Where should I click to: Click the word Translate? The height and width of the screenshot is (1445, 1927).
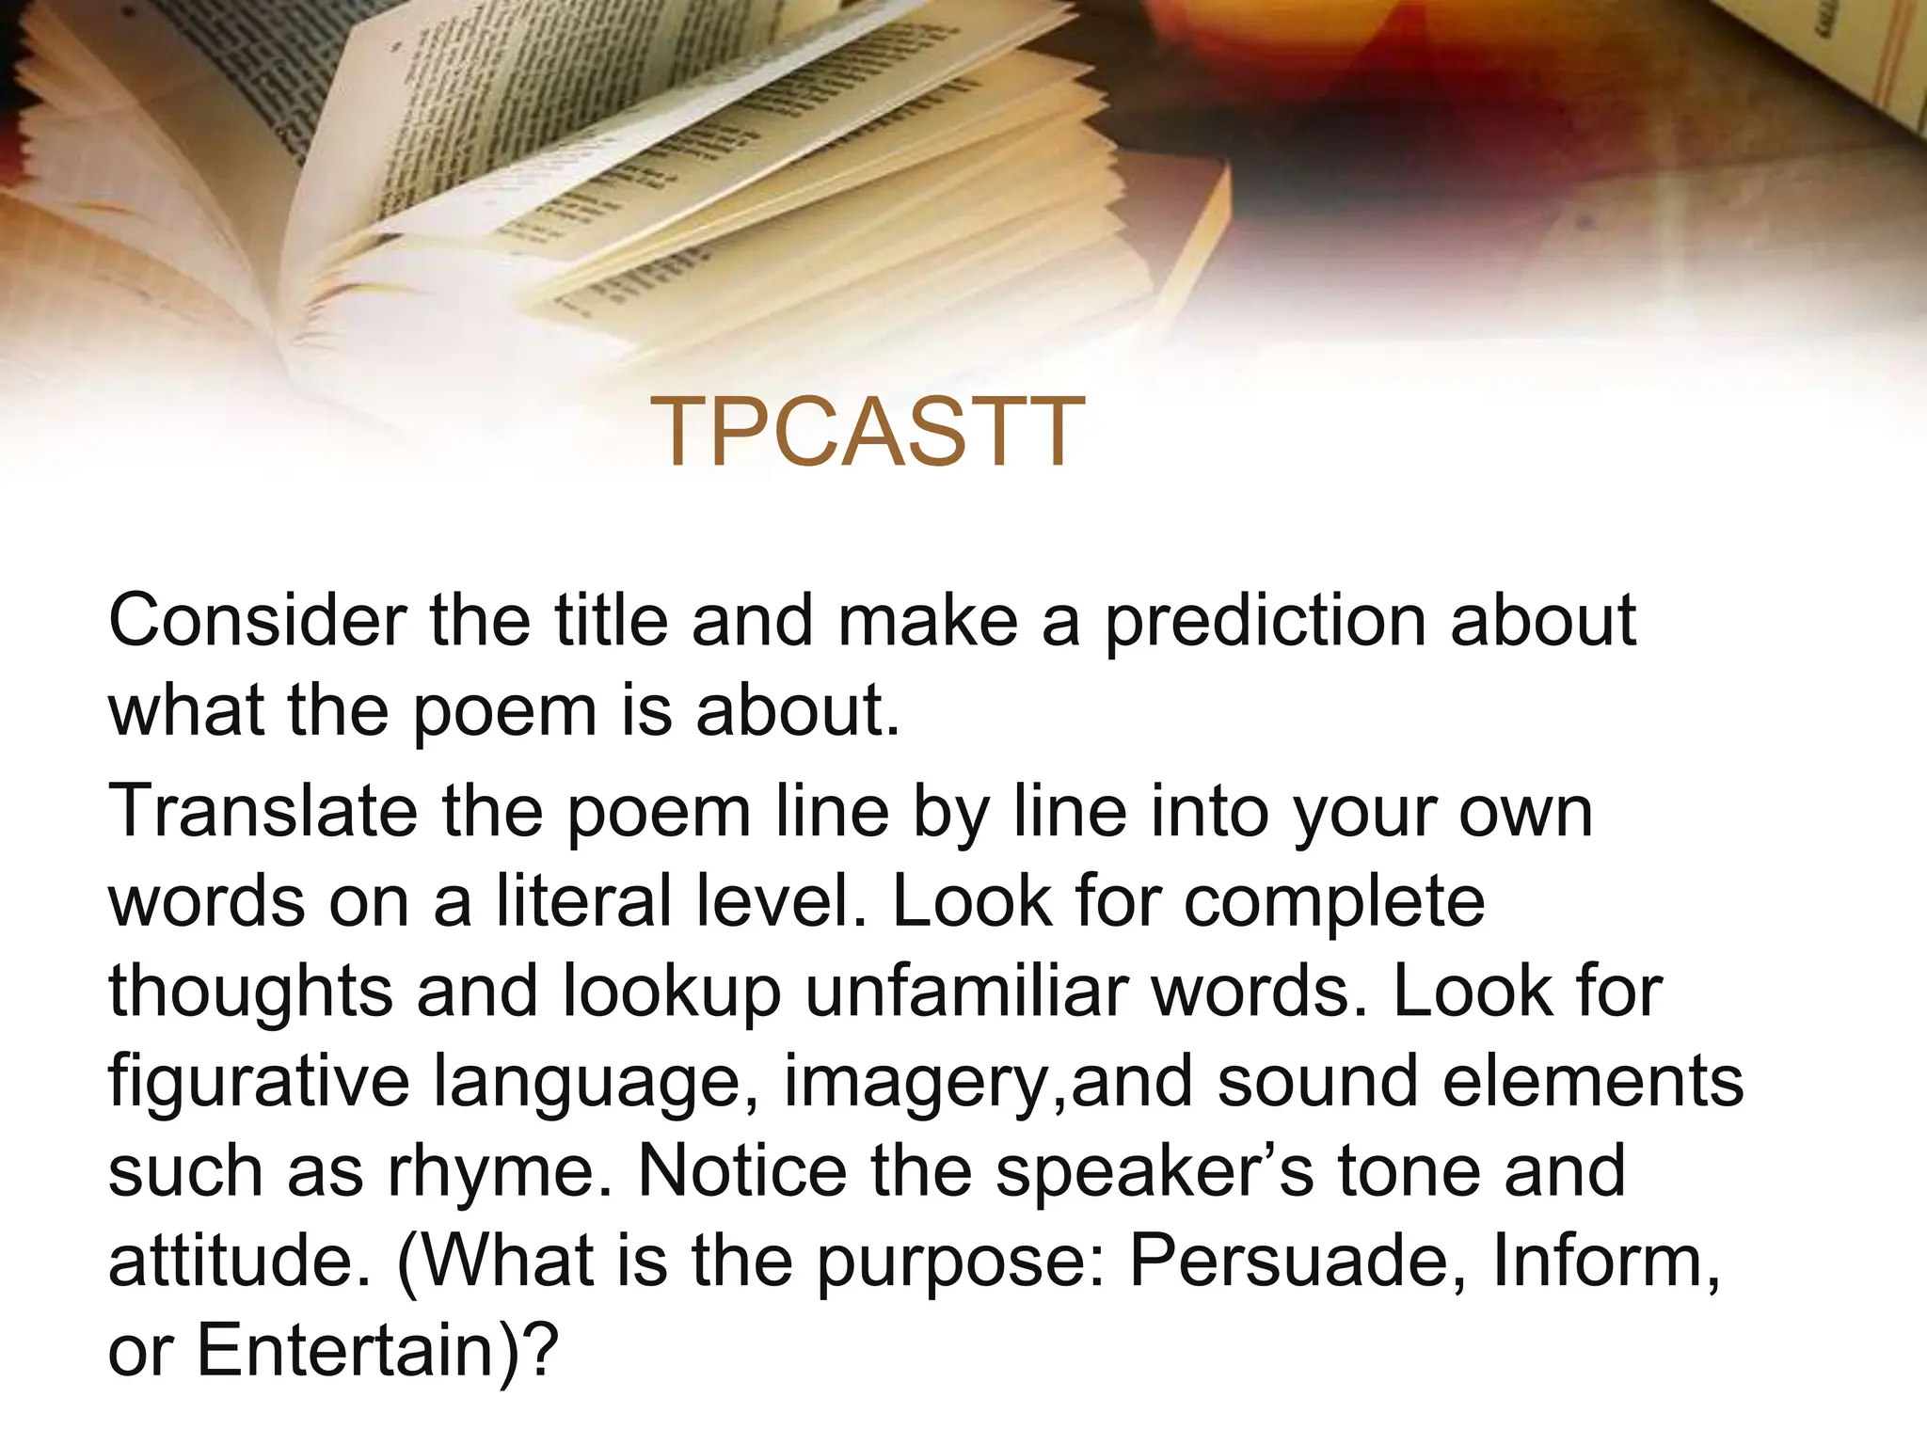click(x=263, y=811)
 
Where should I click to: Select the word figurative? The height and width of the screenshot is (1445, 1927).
click(x=259, y=1082)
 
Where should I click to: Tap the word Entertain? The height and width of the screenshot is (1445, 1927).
click(x=342, y=1351)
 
